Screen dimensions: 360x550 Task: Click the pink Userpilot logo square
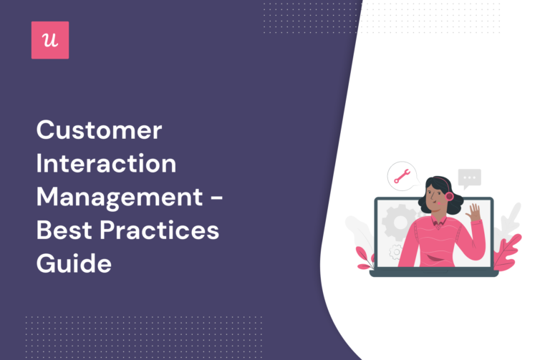click(x=50, y=40)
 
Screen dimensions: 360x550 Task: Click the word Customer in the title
click(x=100, y=131)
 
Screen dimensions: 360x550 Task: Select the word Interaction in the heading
click(x=106, y=163)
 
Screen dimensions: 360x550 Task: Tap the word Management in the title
click(x=119, y=196)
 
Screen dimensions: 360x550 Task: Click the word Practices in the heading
click(x=164, y=230)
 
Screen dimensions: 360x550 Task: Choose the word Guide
click(x=74, y=263)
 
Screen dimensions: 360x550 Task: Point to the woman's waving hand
click(x=474, y=213)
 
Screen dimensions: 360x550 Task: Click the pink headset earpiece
click(x=449, y=195)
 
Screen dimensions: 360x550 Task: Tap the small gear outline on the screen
click(x=395, y=250)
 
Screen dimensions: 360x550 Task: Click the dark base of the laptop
click(x=433, y=273)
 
